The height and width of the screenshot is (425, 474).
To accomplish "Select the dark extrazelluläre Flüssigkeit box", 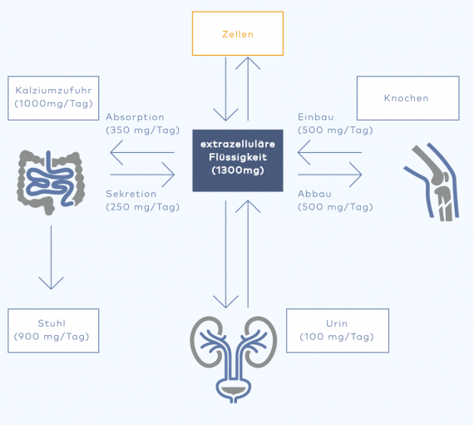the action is coord(238,161).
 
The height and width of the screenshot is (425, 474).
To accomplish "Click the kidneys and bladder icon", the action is coord(233,359).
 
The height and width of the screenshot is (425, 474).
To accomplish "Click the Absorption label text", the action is coord(135,117).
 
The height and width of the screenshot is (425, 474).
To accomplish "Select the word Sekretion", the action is coord(131,194).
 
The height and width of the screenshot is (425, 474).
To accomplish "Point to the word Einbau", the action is coord(316,117).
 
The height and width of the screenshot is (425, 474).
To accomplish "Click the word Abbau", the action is coord(314,194).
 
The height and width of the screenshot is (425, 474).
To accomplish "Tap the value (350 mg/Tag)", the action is coord(143,131).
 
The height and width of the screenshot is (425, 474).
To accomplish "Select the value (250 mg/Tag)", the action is coord(143,207).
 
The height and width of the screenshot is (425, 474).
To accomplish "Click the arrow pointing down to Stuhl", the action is coord(51,257).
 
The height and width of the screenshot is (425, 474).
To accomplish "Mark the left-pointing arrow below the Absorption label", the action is coord(142,153).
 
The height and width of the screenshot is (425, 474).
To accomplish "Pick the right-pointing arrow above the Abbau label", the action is coord(330,175).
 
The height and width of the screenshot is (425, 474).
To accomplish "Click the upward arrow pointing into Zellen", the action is coord(248,89).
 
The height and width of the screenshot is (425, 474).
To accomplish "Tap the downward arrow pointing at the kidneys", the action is coord(226,254).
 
